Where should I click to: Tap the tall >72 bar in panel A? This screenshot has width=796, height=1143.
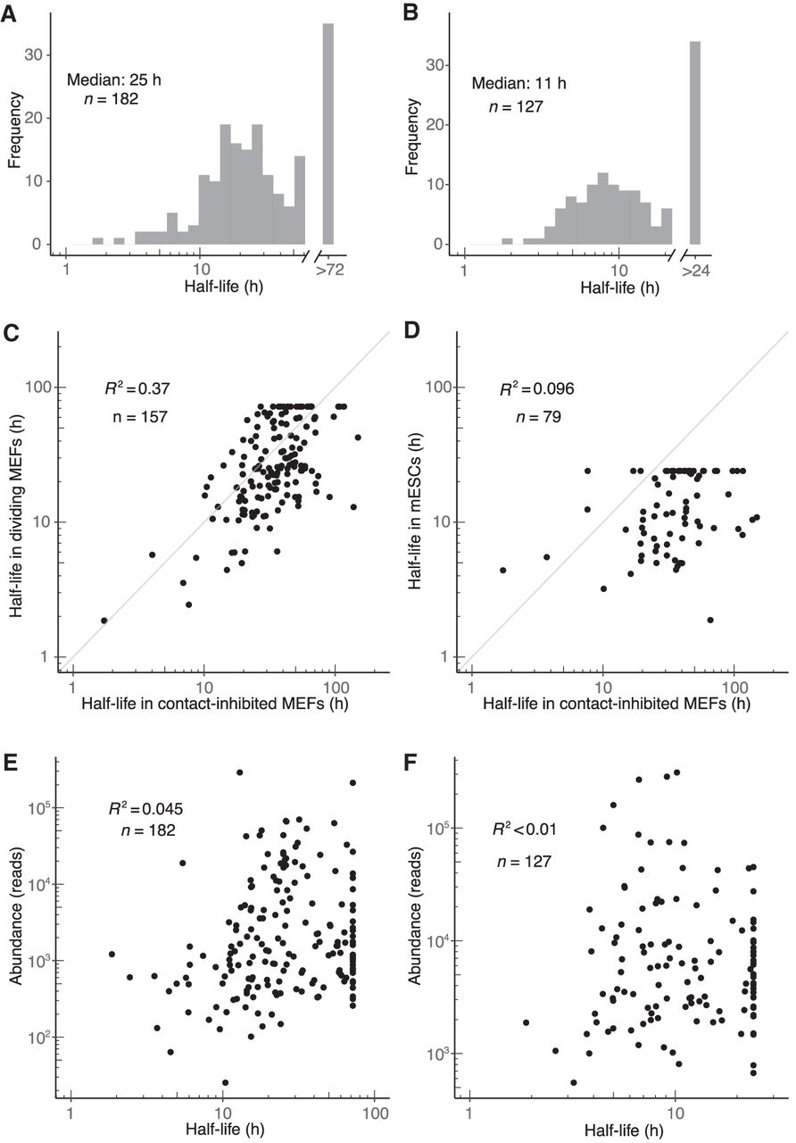(x=328, y=134)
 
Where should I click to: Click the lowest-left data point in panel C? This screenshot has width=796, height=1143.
(x=104, y=620)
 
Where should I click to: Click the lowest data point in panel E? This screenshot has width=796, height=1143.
(x=225, y=1082)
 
